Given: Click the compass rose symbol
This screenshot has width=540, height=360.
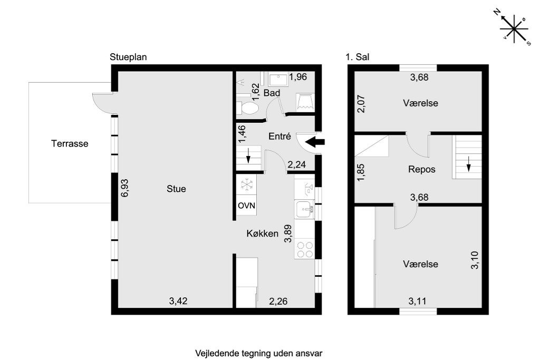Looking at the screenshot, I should [513, 28].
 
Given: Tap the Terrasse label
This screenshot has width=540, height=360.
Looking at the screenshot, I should [70, 143].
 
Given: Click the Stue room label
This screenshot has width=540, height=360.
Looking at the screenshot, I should [176, 189].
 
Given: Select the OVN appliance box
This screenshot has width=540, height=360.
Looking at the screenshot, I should [246, 206].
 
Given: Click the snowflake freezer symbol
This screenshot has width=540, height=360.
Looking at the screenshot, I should [246, 184].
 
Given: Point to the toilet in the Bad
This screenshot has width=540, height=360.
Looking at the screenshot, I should [248, 108].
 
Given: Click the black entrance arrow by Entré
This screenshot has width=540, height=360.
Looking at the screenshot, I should [316, 141].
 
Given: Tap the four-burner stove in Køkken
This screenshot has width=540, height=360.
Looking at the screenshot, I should [304, 249].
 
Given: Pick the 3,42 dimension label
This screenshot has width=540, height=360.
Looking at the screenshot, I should [178, 301].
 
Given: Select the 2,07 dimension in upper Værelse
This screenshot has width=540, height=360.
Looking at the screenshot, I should [361, 103].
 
